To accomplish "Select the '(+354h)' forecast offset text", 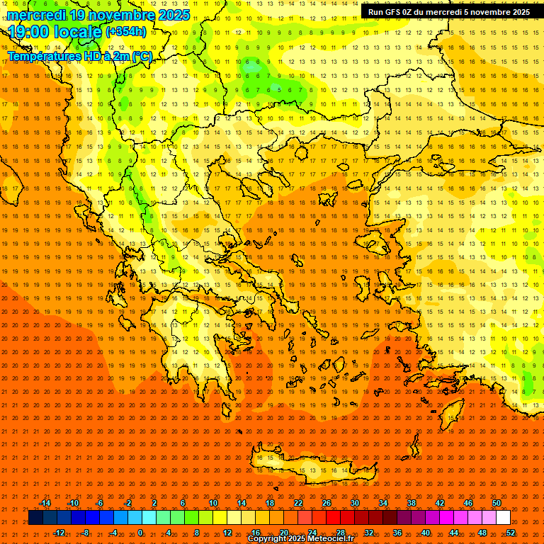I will tap(126, 32).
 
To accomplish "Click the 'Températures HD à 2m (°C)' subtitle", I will tap(79, 56).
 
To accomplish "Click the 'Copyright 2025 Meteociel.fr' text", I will tap(300, 539).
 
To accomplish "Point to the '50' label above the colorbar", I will tap(497, 503).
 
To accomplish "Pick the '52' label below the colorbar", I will tap(511, 533).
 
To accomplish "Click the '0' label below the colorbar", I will tap(140, 533).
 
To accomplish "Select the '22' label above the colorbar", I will tap(298, 503).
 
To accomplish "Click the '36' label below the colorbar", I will tap(397, 533).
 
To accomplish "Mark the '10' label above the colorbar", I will tap(213, 503).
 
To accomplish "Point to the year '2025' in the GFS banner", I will tap(516, 12).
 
